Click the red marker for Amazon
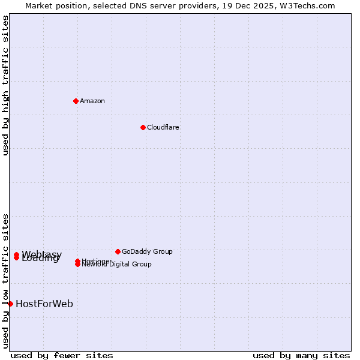pyautogui.click(x=76, y=101)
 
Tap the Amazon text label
pyautogui.click(x=92, y=101)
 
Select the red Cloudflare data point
pyautogui.click(x=143, y=127)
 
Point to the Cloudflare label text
pyautogui.click(x=163, y=127)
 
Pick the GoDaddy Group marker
pyautogui.click(x=118, y=251)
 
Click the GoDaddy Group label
pyautogui.click(x=147, y=251)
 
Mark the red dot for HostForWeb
pyautogui.click(x=10, y=304)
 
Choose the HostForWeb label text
pyautogui.click(x=44, y=304)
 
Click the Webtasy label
pyautogui.click(x=42, y=254)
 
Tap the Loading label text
pyautogui.click(x=41, y=259)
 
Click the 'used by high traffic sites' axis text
pyautogui.click(x=6, y=85)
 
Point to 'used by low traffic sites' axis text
pyautogui.click(x=6, y=280)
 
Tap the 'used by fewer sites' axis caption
pyautogui.click(x=62, y=355)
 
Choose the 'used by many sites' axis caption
pyautogui.click(x=301, y=355)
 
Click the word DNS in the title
pyautogui.click(x=127, y=6)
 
